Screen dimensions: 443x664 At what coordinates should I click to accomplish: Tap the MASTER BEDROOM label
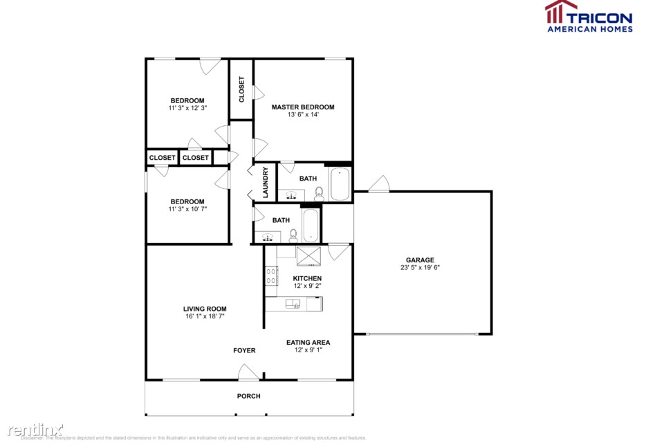(x=302, y=107)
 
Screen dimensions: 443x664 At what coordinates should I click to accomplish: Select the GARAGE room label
(x=420, y=260)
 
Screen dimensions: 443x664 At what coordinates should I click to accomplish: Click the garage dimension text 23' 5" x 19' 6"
(x=420, y=268)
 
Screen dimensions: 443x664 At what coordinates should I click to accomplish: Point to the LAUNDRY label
(x=265, y=183)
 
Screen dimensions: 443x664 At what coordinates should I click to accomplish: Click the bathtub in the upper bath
(x=340, y=183)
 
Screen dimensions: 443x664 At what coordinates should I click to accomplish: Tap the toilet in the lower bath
(x=293, y=235)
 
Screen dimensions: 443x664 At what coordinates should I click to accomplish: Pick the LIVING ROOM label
(x=205, y=309)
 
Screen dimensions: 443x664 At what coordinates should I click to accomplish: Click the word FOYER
(x=244, y=350)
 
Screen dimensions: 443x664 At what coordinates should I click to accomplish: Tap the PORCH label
(x=249, y=396)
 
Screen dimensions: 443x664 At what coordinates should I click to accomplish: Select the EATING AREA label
(x=308, y=342)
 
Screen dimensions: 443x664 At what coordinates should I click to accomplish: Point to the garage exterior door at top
(x=378, y=183)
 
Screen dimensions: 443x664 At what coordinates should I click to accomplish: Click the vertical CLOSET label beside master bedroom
(x=241, y=89)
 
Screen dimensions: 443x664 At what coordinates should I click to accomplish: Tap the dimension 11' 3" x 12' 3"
(x=187, y=108)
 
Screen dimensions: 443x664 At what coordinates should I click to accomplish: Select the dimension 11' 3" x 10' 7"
(x=187, y=209)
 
